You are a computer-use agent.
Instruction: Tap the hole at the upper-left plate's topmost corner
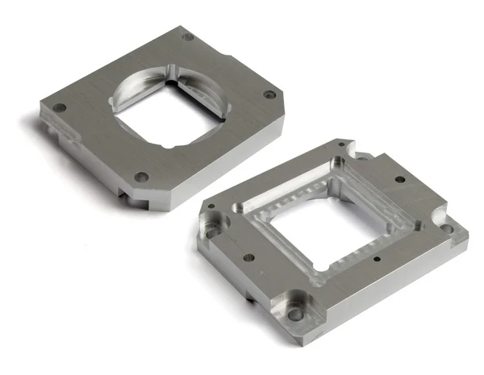[x=188, y=37]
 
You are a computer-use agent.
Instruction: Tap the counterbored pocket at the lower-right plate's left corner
[x=212, y=222]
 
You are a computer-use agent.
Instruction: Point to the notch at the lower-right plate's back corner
[x=349, y=148]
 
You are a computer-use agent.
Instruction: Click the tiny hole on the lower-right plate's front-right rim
[x=378, y=260]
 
